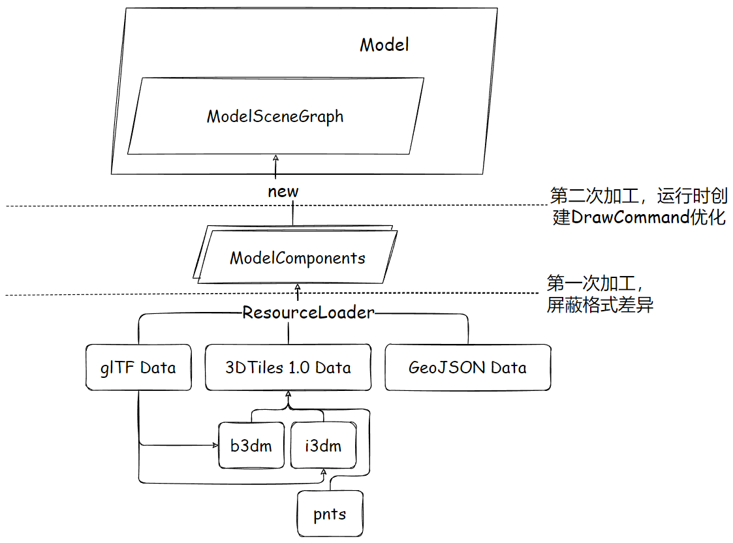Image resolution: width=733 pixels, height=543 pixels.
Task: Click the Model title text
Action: (x=384, y=45)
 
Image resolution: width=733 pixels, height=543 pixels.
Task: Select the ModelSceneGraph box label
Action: (x=275, y=117)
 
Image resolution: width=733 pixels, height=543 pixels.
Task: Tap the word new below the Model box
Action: (x=283, y=192)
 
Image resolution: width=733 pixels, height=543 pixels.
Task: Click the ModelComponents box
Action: (x=297, y=258)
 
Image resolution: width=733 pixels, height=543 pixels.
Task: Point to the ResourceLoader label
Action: (x=308, y=313)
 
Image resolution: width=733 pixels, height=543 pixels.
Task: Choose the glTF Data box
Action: (x=138, y=367)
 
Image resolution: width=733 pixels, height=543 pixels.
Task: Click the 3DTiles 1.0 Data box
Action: (x=288, y=367)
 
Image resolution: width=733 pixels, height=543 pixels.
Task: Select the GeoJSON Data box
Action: (x=467, y=367)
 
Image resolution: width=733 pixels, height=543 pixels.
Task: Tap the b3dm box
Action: (x=251, y=446)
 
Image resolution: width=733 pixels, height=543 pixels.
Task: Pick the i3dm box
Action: (x=323, y=446)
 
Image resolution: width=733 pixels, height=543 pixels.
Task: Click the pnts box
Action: (x=329, y=514)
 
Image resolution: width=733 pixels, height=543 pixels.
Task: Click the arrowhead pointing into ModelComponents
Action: (x=298, y=287)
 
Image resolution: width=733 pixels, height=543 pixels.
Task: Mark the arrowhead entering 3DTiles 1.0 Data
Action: (x=288, y=395)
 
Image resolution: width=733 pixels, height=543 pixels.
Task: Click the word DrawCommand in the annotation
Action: (x=629, y=217)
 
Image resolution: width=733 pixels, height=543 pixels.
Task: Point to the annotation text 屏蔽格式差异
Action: (x=600, y=305)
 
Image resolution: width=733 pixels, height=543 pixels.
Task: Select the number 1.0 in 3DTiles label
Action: (x=299, y=367)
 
